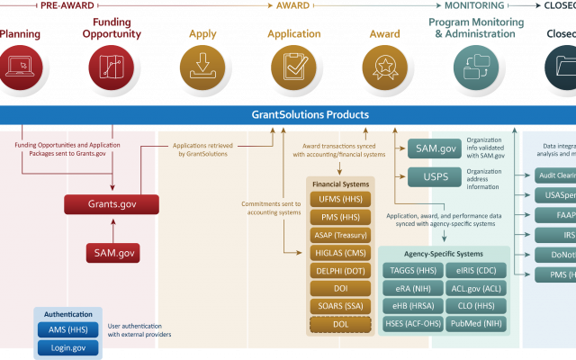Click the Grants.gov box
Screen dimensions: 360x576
[111, 204]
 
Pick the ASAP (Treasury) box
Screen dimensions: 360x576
[340, 236]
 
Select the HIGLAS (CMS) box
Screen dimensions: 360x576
[340, 254]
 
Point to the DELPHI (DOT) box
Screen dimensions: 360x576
[340, 272]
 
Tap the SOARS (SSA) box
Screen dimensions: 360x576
[340, 307]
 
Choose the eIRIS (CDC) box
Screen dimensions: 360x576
[476, 270]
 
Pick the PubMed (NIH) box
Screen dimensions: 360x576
[476, 323]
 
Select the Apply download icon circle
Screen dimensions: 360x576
[202, 66]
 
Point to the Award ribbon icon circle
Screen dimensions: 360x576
[384, 66]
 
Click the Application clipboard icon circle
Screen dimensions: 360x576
[293, 66]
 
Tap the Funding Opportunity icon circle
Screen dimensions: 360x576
[112, 66]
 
